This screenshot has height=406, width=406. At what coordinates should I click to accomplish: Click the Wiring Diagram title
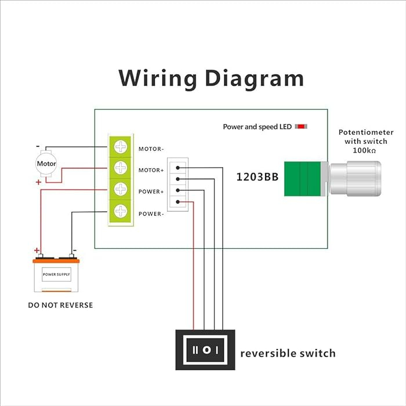coord(211,78)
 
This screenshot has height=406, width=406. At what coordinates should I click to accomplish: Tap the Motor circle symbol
coord(46,164)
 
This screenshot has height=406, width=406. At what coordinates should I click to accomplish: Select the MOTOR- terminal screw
coord(121,148)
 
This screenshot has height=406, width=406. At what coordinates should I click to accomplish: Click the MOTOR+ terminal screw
coord(121,169)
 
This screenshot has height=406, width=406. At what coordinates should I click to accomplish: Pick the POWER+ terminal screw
coord(121,190)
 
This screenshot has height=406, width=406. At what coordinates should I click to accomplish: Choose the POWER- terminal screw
coord(121,211)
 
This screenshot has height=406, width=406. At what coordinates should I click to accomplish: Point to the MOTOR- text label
coord(151,149)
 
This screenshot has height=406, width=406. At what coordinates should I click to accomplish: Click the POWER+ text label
coord(151,192)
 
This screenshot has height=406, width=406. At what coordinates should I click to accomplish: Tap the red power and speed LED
coord(301,126)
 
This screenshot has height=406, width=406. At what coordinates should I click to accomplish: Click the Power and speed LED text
coord(257,126)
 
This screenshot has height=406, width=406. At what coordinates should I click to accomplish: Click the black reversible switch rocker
coord(205,350)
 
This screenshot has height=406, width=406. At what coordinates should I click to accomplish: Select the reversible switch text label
coord(288,353)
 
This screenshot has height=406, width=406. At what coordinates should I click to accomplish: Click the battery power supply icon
coord(56,276)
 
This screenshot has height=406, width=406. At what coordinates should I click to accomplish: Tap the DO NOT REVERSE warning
coord(60,305)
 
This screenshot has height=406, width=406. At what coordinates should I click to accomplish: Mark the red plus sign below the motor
coord(38,182)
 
